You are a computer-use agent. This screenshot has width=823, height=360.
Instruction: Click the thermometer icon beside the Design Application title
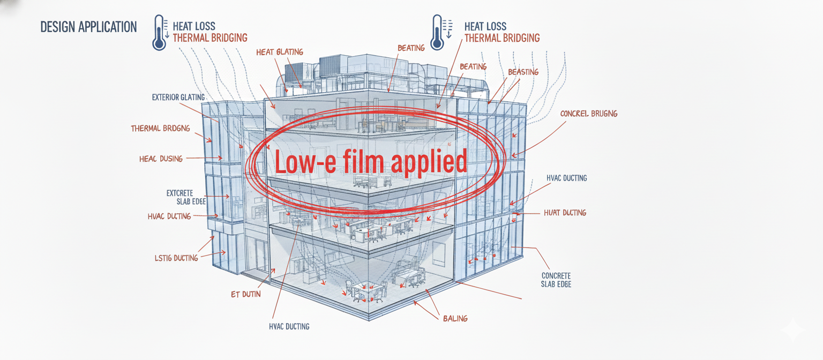pyautogui.click(x=160, y=32)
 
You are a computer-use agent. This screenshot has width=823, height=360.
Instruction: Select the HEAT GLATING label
pyautogui.click(x=279, y=52)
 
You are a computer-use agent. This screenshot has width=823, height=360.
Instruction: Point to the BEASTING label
pyautogui.click(x=523, y=72)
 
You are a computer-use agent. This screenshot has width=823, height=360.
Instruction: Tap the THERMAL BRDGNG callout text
pyautogui.click(x=160, y=129)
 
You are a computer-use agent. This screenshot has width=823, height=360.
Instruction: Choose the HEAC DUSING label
pyautogui.click(x=161, y=159)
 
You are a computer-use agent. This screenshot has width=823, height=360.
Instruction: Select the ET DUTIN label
pyautogui.click(x=242, y=294)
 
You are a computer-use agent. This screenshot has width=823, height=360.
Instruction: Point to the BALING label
pyautogui.click(x=455, y=318)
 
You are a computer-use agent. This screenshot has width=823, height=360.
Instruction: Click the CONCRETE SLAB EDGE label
pyautogui.click(x=556, y=280)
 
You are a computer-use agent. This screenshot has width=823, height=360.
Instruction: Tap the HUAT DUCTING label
pyautogui.click(x=565, y=213)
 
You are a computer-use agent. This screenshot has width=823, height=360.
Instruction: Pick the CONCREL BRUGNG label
pyautogui.click(x=588, y=114)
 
